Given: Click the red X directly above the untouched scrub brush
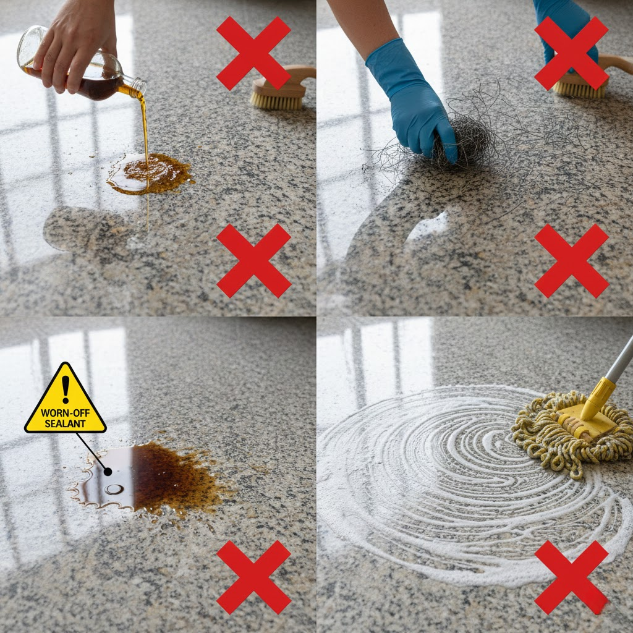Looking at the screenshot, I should click(x=253, y=53).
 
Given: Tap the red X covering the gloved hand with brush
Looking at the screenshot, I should click(x=571, y=53).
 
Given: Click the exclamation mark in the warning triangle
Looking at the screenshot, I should click(x=66, y=389).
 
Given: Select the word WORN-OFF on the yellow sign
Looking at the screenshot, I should click(x=66, y=412).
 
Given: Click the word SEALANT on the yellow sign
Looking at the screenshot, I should click(x=66, y=423).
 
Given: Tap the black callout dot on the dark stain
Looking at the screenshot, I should click(x=108, y=472).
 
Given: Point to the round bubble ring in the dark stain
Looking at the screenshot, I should click(x=114, y=490).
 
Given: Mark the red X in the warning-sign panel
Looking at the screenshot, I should click(x=253, y=577).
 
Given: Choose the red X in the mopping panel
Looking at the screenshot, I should click(x=571, y=577).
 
